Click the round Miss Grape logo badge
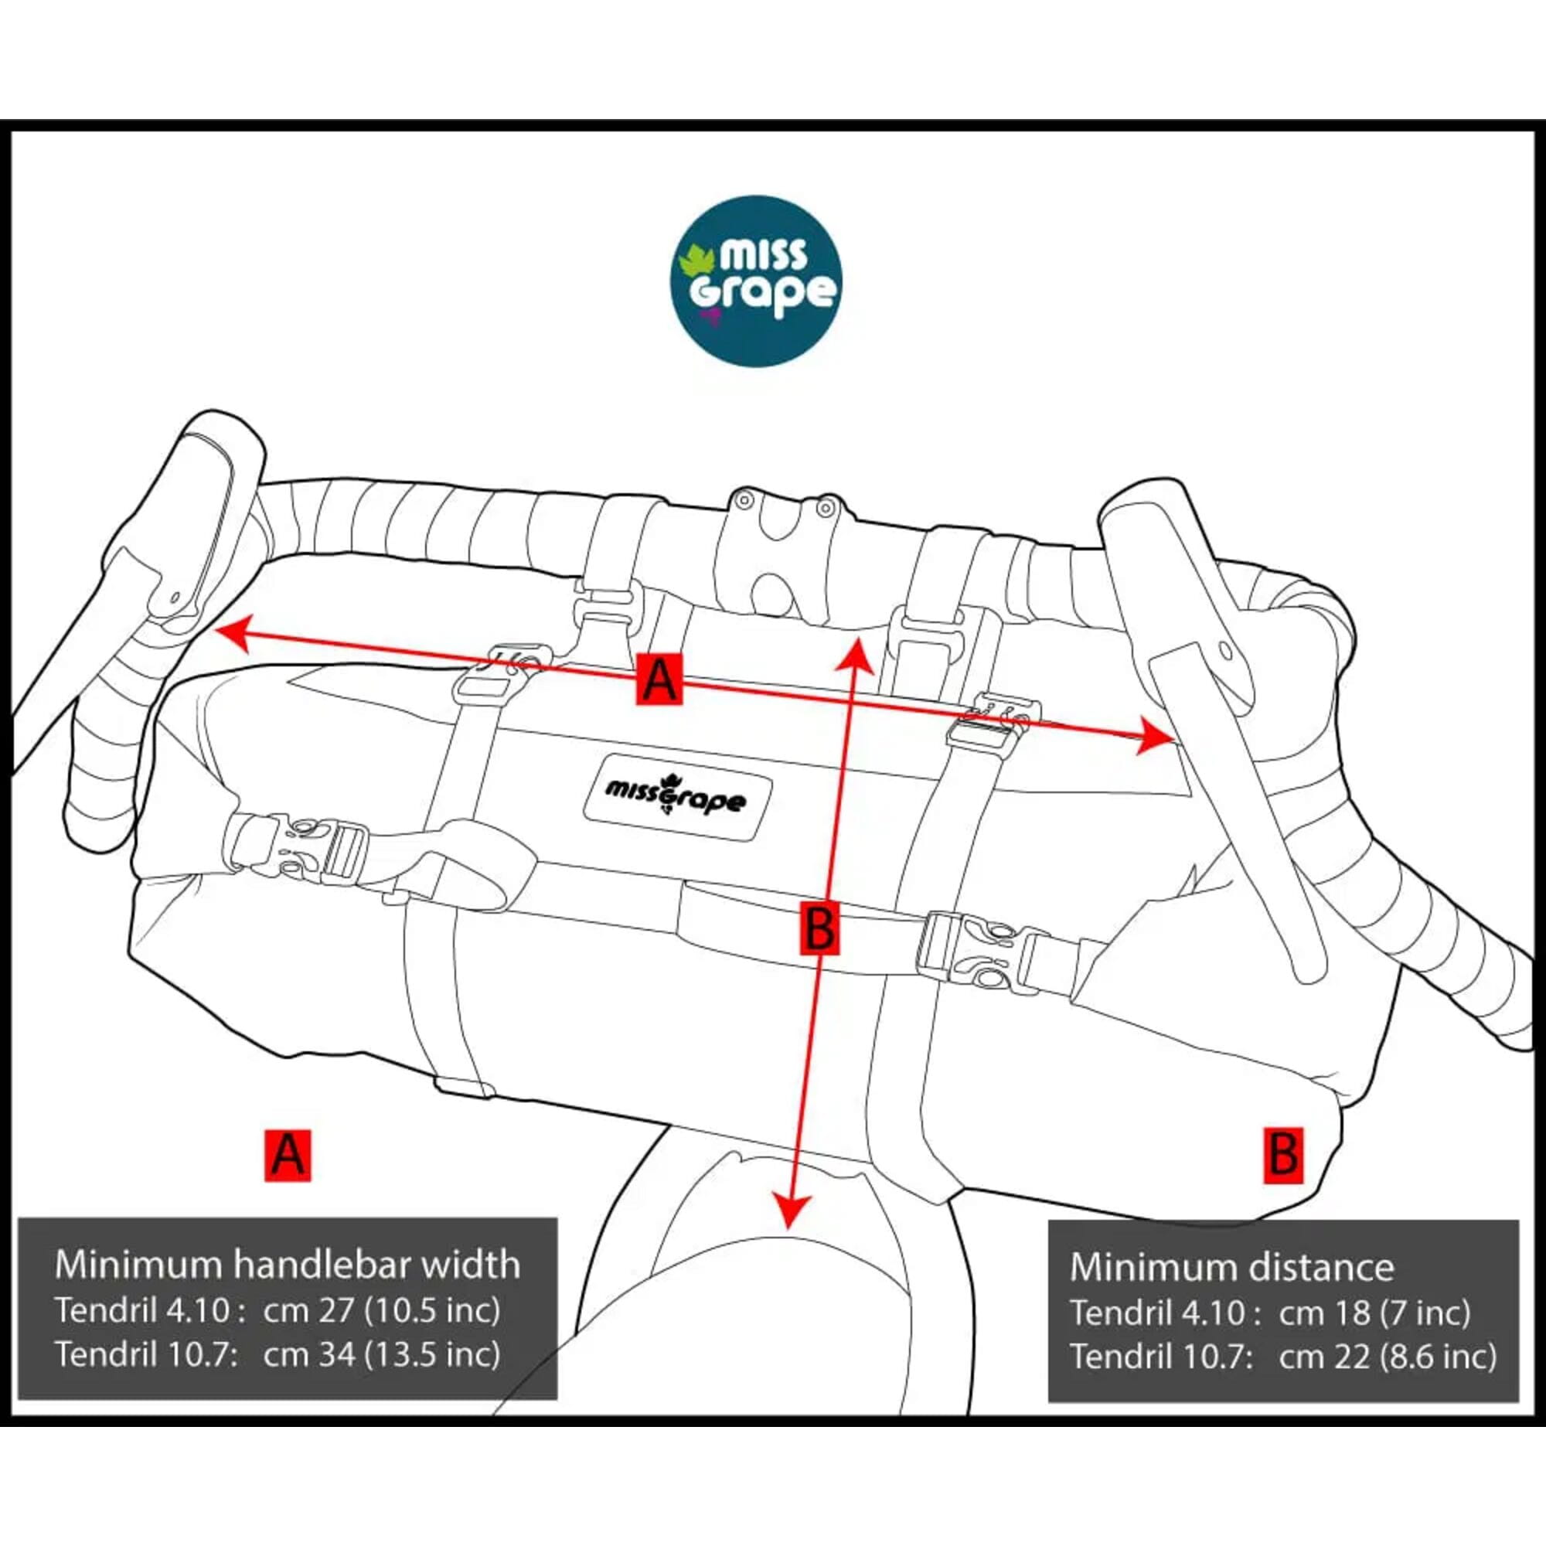756,281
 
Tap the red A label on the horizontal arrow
659,679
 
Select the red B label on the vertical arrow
819,928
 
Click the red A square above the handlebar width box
288,1155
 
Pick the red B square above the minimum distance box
1283,1155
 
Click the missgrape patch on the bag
677,799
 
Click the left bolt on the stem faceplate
744,501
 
